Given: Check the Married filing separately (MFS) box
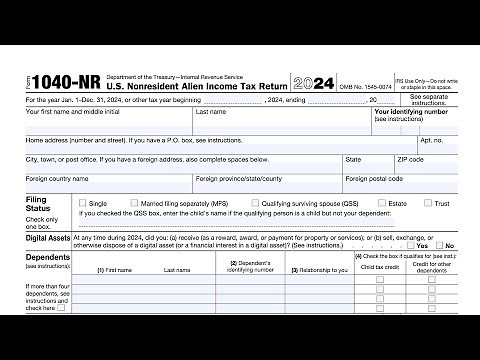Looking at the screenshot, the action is [133, 203].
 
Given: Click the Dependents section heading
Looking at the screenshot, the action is [47, 257].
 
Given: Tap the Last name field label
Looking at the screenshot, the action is [210, 112].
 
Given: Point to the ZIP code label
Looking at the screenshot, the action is [410, 159].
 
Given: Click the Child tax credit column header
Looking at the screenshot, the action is [379, 268].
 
